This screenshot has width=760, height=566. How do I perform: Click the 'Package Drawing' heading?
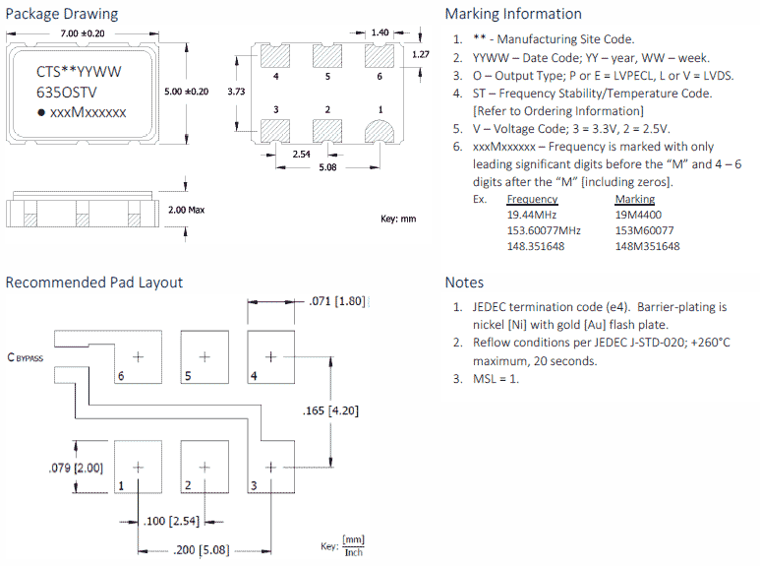point(62,14)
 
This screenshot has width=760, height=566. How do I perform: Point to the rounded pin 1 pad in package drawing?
point(378,132)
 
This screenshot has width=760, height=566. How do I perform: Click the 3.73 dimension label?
point(236,92)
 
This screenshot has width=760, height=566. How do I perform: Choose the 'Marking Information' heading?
point(513,14)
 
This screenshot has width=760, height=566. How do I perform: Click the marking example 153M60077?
point(645,230)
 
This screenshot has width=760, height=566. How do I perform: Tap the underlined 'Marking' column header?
point(634,200)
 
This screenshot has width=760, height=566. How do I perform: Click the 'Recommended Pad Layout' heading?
point(94,283)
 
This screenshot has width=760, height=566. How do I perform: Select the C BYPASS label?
point(26,358)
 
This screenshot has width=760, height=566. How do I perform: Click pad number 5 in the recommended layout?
point(205,357)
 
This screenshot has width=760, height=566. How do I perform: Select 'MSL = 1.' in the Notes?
point(496,379)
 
